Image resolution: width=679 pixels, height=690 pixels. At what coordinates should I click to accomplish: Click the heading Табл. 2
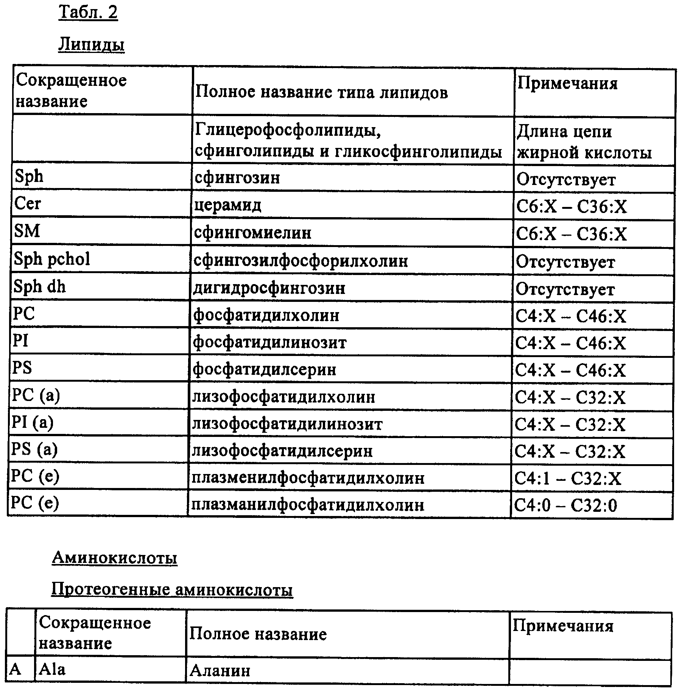point(88,12)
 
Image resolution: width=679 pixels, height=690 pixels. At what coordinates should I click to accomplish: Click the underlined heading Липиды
point(91,45)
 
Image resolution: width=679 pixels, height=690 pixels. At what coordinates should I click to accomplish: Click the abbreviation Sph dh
point(39,287)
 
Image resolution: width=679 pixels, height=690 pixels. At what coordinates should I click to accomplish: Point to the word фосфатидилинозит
point(269,342)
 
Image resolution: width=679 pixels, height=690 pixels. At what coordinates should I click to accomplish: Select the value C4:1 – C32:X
point(567,479)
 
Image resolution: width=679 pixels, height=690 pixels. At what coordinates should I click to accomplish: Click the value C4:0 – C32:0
point(565,505)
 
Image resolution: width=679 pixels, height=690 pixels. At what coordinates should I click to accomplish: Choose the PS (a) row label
point(34,449)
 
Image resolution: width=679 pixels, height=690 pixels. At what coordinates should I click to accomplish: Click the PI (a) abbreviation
point(33,422)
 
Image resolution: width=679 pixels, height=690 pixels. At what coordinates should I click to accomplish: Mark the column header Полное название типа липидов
point(321,92)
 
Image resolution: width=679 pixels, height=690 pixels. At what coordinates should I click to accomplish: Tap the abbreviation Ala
point(52,670)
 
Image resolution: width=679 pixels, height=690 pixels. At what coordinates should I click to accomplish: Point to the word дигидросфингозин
point(269,288)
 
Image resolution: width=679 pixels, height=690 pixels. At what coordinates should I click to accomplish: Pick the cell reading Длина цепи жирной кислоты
point(584,142)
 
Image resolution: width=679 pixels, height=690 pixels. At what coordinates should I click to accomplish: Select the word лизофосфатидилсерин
point(282,451)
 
